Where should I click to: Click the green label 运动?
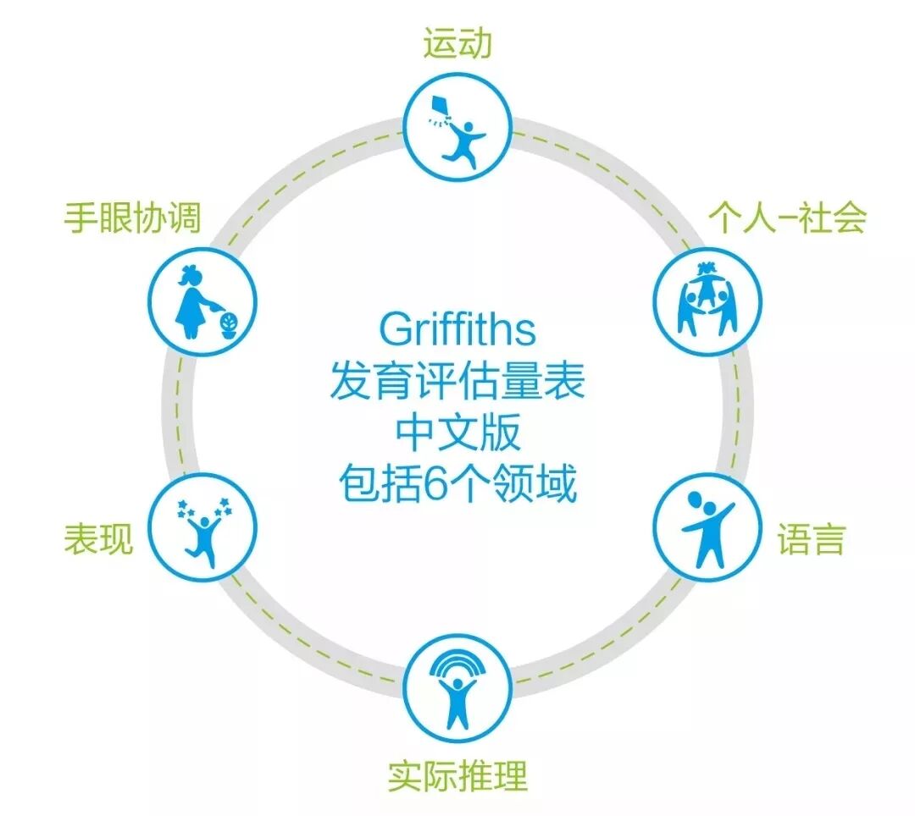(457, 44)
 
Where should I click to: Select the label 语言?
(811, 539)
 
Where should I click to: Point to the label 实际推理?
(457, 775)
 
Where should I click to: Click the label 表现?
(98, 539)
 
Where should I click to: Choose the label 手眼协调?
(132, 218)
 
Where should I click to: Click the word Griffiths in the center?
(457, 329)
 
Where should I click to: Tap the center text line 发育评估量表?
(457, 383)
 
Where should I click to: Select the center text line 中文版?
(457, 435)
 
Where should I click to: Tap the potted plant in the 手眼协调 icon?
(230, 323)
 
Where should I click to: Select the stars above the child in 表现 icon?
(203, 508)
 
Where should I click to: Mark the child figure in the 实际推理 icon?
(457, 699)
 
